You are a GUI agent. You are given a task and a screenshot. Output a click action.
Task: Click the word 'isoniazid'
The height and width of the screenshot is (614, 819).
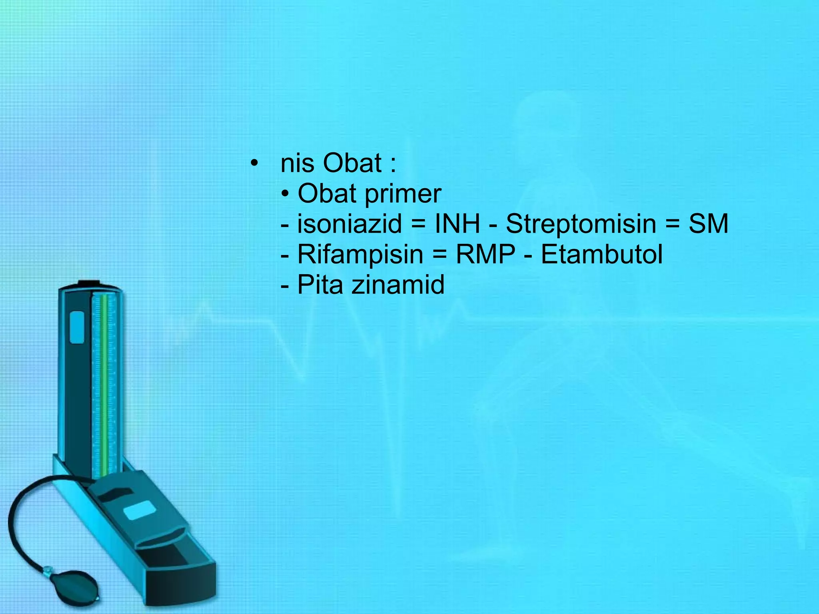point(350,224)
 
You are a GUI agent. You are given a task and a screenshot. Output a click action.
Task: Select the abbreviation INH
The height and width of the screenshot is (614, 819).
point(457,224)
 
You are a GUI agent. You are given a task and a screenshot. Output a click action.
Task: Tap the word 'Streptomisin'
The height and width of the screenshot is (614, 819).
point(581,224)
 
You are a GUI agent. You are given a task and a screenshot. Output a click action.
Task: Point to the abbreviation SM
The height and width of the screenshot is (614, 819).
point(708,224)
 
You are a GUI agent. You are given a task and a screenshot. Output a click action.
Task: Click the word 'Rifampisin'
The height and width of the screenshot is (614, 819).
point(360,255)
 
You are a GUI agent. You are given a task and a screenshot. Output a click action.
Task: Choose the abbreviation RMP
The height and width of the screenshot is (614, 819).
point(485,255)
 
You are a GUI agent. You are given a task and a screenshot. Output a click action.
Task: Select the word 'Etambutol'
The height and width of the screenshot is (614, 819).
point(602,255)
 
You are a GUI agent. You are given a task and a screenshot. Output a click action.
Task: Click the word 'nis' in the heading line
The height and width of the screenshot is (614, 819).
point(297,164)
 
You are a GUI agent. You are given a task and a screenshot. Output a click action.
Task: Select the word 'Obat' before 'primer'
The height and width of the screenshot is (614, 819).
point(327,194)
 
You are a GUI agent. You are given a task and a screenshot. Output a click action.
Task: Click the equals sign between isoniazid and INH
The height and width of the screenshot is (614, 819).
point(418,225)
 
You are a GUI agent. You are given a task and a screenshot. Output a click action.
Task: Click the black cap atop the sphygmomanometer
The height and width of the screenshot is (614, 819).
point(88,283)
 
